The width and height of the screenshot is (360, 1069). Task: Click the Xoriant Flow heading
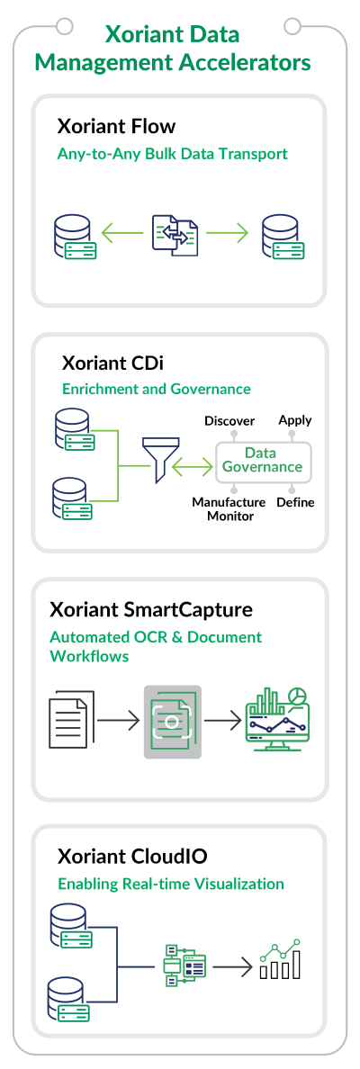pyautogui.click(x=117, y=127)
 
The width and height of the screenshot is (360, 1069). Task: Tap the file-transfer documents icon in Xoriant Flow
pyautogui.click(x=175, y=235)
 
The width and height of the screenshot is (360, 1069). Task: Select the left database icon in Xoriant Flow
pyautogui.click(x=74, y=237)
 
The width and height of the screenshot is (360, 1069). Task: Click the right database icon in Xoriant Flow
pyautogui.click(x=283, y=237)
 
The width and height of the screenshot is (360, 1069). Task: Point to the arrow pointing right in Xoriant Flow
pyautogui.click(x=228, y=235)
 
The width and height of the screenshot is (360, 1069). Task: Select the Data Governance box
pyautogui.click(x=263, y=460)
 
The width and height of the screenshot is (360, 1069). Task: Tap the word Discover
pyautogui.click(x=229, y=421)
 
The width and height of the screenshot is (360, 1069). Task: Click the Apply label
pyautogui.click(x=295, y=420)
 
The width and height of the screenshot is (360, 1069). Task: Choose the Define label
pyautogui.click(x=295, y=502)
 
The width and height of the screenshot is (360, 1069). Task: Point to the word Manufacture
pyautogui.click(x=229, y=502)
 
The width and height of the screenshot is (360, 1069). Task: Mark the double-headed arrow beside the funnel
pyautogui.click(x=193, y=467)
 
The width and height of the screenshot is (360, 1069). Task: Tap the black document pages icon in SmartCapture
pyautogui.click(x=72, y=720)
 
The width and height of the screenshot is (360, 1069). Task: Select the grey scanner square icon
pyautogui.click(x=173, y=722)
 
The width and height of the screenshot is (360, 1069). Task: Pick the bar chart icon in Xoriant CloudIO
pyautogui.click(x=280, y=959)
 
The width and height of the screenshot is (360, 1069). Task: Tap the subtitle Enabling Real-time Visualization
pyautogui.click(x=170, y=885)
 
